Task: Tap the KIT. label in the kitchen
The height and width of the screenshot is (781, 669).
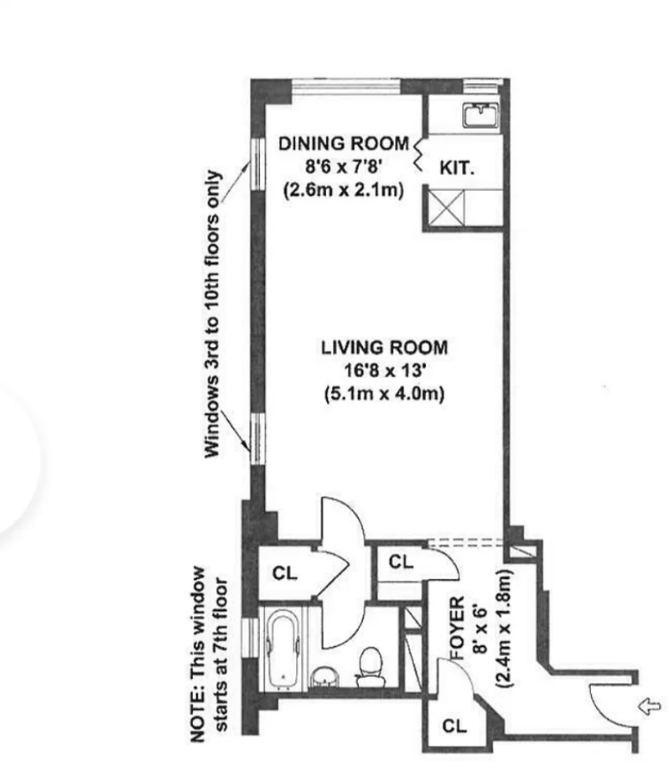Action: click(x=457, y=168)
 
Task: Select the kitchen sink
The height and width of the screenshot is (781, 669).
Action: click(x=480, y=114)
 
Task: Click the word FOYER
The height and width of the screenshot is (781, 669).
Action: click(x=459, y=625)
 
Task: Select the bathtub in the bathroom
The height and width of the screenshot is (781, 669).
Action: click(x=283, y=649)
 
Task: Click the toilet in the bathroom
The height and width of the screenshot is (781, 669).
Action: click(x=367, y=666)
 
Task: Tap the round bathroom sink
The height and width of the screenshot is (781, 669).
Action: click(x=322, y=675)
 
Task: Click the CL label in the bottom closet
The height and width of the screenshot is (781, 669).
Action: click(x=454, y=727)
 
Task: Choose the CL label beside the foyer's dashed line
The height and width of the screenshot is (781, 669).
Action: click(x=402, y=563)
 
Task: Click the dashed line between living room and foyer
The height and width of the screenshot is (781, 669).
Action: click(x=465, y=542)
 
